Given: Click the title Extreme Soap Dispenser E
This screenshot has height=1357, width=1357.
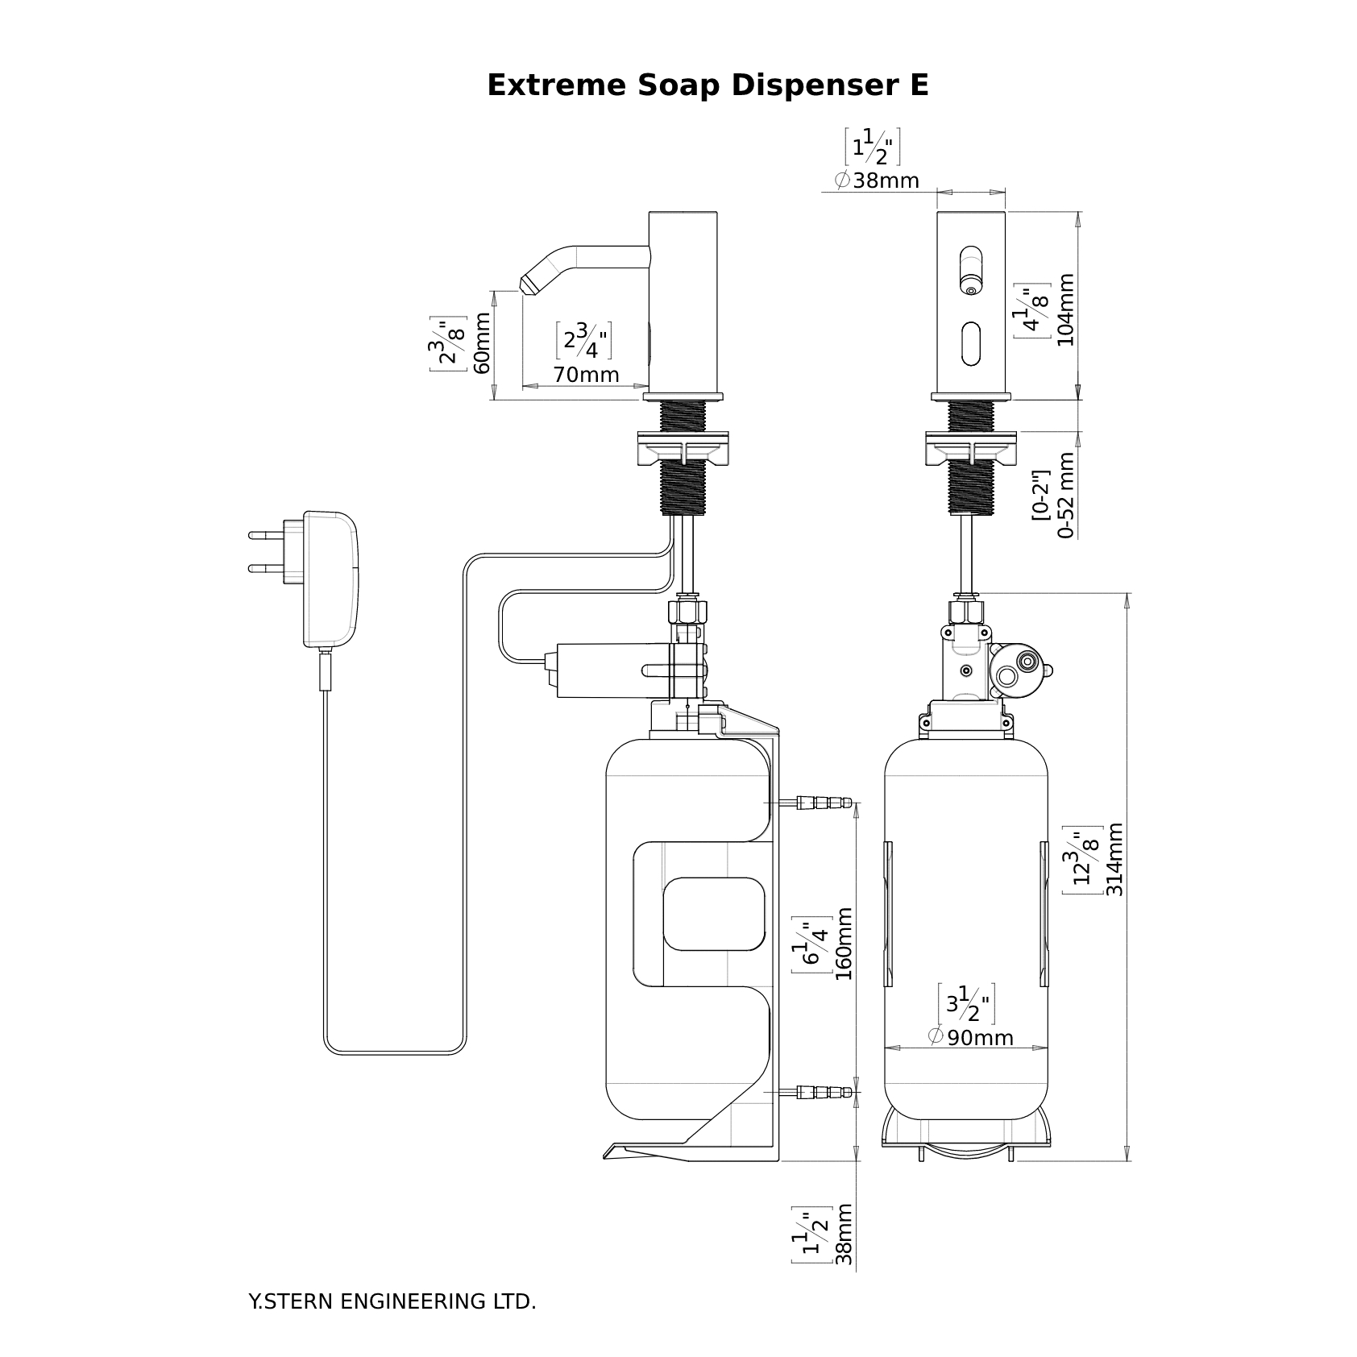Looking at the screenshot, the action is tap(708, 85).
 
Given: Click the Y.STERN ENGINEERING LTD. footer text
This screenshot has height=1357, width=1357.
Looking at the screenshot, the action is tap(392, 1301).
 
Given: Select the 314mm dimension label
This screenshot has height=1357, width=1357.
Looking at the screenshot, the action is tap(1114, 860).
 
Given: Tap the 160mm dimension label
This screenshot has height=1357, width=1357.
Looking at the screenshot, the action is tap(844, 944).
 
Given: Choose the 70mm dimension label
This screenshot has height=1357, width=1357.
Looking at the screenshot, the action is tap(586, 375).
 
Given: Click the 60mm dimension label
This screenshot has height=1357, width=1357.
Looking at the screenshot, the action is tap(482, 343).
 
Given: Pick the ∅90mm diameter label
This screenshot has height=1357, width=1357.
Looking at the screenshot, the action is tap(970, 1037).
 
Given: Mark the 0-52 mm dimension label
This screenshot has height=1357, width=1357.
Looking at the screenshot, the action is tap(1066, 495).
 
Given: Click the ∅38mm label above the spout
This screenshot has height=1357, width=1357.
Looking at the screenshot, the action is tap(876, 181).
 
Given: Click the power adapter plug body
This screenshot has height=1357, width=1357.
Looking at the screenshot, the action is tap(330, 579).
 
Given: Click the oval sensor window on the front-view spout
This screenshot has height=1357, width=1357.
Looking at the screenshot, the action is tap(972, 343).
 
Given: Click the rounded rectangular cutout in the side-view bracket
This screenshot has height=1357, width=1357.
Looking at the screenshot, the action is tap(712, 914).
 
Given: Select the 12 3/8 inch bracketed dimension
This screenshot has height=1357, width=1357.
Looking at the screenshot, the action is tap(1082, 860).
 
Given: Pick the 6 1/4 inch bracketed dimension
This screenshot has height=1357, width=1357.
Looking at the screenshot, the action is tap(811, 944).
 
